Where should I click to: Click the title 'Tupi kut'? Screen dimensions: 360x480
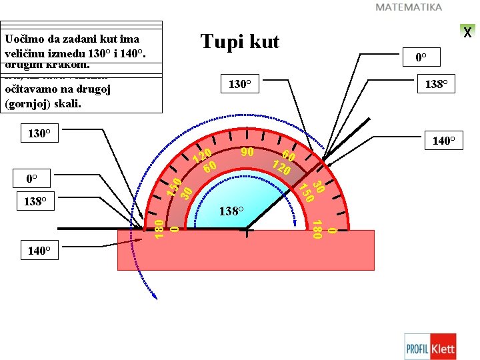coord(240,42)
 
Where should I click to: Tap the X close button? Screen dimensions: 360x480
coord(467,32)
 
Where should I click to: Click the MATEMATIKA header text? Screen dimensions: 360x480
coord(409,7)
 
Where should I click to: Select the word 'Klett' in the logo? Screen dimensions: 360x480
coord(443,347)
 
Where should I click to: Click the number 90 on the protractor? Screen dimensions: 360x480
coord(247,152)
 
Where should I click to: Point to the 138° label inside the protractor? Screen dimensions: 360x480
coord(231,211)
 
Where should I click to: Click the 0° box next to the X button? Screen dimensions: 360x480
coord(421,57)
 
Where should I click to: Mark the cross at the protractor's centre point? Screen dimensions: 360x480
coord(247,232)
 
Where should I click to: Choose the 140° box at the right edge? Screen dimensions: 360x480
coord(443,141)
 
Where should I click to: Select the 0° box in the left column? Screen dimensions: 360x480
coord(31,179)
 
